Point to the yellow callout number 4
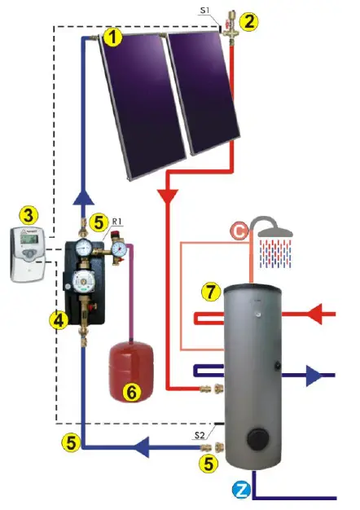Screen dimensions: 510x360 58,320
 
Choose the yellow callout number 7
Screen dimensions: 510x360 210,291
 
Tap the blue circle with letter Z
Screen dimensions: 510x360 241,490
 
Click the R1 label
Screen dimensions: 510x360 117,221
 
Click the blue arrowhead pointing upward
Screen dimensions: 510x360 84,198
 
